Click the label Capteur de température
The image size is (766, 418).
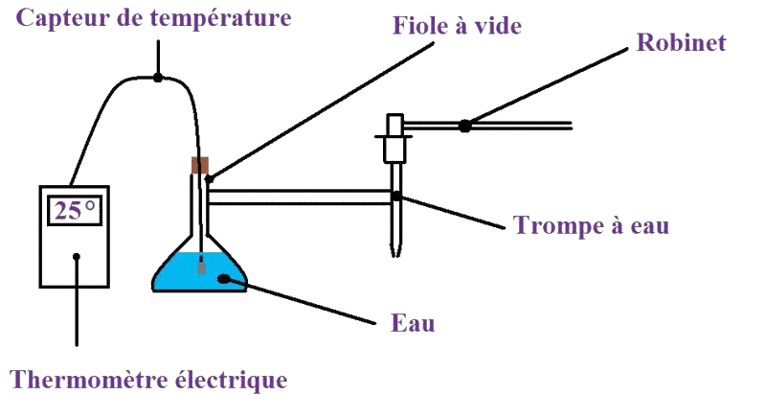point(154,18)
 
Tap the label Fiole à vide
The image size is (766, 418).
point(457,26)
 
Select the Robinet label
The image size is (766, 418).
point(681,42)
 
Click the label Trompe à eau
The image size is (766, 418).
point(591,226)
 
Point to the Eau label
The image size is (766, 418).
point(413,323)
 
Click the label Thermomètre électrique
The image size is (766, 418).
point(148,380)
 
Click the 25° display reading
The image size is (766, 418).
point(74,211)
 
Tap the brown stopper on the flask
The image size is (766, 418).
point(200,165)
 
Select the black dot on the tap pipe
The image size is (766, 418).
point(464,125)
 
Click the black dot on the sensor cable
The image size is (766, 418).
point(158,76)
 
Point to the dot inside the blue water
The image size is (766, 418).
point(224,279)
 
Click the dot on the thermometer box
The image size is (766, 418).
point(77,256)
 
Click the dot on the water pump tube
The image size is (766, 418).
point(396,197)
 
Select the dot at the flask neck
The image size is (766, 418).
point(209,178)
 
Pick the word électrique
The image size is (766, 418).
point(229,380)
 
